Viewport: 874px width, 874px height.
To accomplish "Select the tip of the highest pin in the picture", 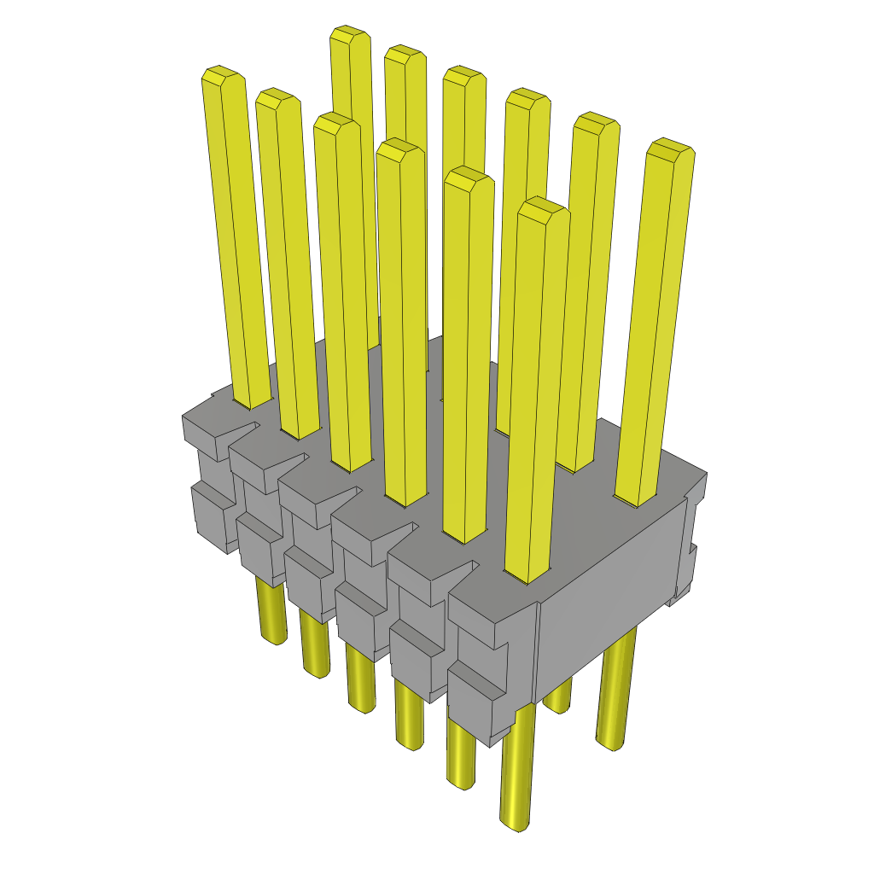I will pyautogui.click(x=350, y=35).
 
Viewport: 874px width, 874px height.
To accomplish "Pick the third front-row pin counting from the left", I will pyautogui.click(x=341, y=290).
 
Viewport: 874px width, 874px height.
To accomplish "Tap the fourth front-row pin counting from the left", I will pyautogui.click(x=401, y=324).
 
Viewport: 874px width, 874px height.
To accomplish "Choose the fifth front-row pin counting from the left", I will pyautogui.click(x=468, y=358).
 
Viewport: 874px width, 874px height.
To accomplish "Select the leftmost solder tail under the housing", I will pyautogui.click(x=272, y=615).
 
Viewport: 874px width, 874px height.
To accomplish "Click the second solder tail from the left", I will pyautogui.click(x=315, y=649).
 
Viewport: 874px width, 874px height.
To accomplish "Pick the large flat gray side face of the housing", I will pyautogui.click(x=610, y=580).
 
